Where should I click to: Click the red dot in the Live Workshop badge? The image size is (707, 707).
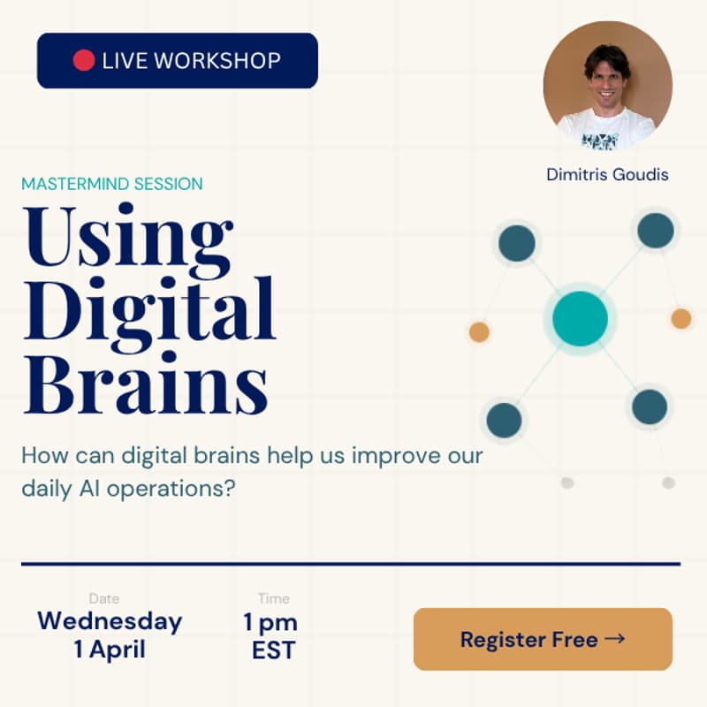(83, 60)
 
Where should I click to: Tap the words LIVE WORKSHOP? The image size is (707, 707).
(191, 61)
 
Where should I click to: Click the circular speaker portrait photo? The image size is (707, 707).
(607, 85)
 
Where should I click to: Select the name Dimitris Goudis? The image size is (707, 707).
(607, 174)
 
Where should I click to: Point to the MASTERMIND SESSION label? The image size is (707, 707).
(112, 184)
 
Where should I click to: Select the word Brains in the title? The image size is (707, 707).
(145, 384)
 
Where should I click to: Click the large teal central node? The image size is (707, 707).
(580, 318)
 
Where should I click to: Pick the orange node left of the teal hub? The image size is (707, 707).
(479, 332)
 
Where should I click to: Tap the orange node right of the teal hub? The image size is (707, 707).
(680, 318)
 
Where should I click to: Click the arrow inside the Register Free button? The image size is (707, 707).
(615, 638)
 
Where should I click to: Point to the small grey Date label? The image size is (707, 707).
(104, 599)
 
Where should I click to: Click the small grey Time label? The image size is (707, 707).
(273, 599)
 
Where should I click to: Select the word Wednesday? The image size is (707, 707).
(110, 621)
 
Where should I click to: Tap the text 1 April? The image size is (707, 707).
(110, 650)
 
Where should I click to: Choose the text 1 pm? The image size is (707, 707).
(270, 622)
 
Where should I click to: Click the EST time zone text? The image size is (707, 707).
(273, 651)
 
